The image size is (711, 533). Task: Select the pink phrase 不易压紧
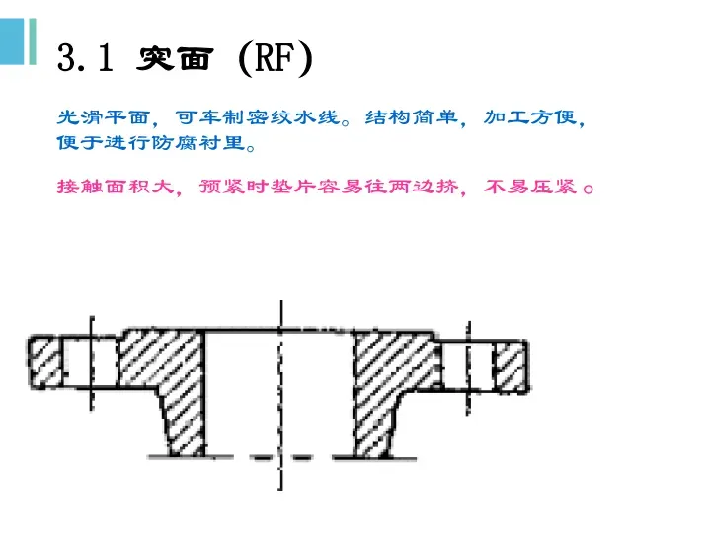click(532, 187)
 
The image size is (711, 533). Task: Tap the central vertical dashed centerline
click(281, 385)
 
